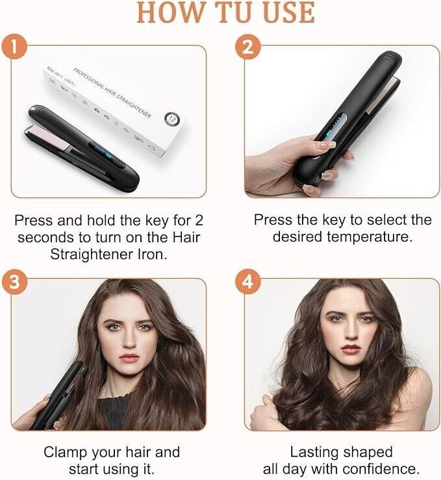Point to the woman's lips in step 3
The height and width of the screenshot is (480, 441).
[129, 357]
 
